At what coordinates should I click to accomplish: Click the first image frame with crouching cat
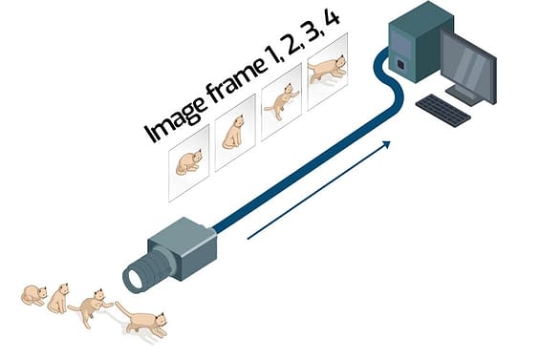tap(188, 160)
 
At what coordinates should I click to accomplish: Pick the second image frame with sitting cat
tap(234, 133)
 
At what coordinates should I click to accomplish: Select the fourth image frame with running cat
tap(327, 70)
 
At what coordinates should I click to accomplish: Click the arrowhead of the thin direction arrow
tap(387, 143)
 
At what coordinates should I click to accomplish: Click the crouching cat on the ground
tap(34, 295)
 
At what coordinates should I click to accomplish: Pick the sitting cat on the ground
tap(59, 299)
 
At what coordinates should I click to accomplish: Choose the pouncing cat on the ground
tap(90, 306)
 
